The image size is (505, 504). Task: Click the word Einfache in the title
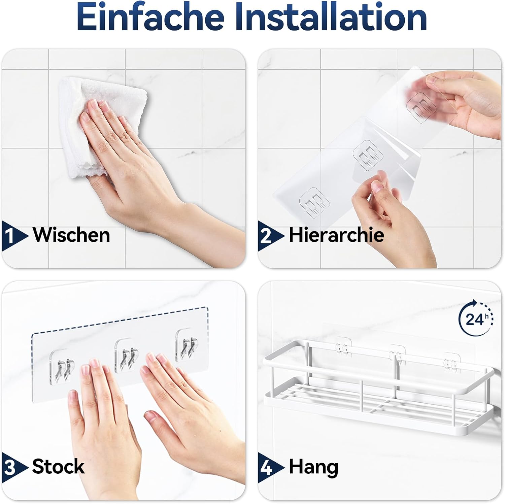tap(150, 17)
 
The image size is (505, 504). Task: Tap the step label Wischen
tap(71, 235)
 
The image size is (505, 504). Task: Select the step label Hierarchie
tap(336, 235)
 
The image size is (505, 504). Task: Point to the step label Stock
tap(58, 467)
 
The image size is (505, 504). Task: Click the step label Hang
tap(313, 467)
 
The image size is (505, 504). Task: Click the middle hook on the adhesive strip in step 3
tap(127, 356)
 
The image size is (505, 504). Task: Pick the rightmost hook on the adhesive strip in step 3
tap(187, 345)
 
